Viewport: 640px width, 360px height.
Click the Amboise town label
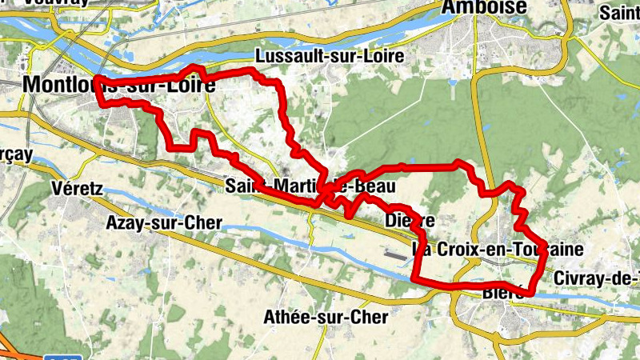click(x=486, y=7)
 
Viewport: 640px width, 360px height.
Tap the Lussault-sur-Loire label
click(x=330, y=57)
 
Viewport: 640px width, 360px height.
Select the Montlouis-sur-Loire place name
click(x=120, y=84)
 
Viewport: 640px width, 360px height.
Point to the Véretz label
click(x=78, y=189)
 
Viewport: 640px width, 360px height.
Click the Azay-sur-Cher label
click(x=163, y=223)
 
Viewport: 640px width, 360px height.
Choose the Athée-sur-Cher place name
click(x=326, y=318)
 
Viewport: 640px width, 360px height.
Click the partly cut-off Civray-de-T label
click(x=595, y=278)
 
